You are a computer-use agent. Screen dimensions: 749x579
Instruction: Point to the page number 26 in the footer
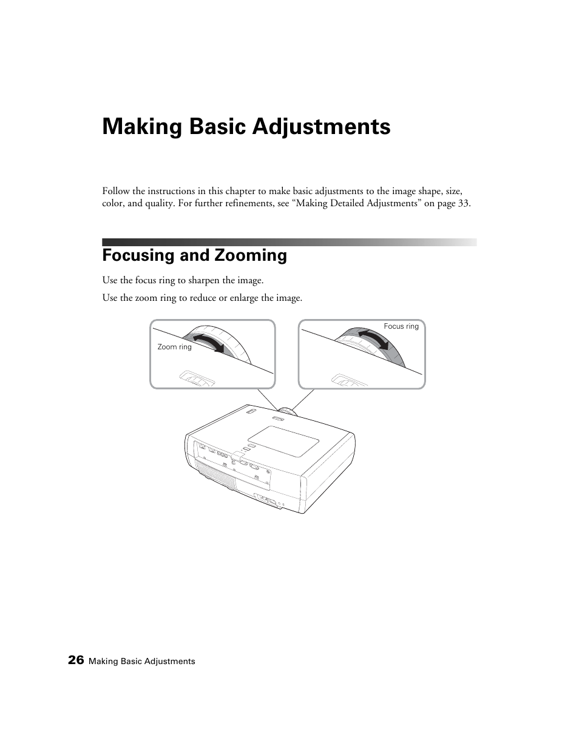(x=76, y=660)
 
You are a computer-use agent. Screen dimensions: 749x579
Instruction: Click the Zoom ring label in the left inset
(x=174, y=347)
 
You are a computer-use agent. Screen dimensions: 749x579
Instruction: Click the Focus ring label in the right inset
(x=401, y=326)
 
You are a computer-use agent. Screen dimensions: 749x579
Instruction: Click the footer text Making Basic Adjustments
(x=142, y=661)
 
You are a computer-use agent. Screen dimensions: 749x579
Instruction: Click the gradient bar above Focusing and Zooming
(x=289, y=242)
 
